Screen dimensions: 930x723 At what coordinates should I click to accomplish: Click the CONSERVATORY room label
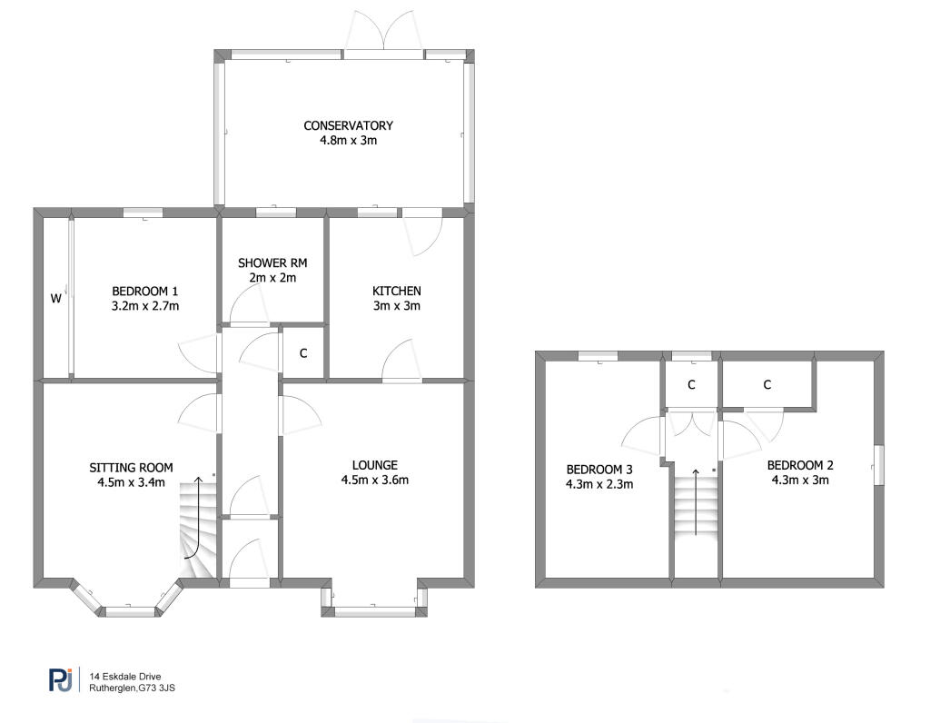click(x=348, y=125)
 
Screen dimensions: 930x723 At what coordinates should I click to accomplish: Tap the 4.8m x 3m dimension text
click(x=348, y=141)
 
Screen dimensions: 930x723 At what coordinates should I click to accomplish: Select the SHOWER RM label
click(x=272, y=262)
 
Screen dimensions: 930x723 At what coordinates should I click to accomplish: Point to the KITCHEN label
click(x=396, y=292)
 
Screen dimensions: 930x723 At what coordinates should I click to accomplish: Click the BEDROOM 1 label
click(x=144, y=292)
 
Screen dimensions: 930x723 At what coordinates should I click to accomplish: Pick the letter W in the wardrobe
click(x=55, y=298)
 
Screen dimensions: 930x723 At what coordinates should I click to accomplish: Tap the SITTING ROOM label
click(x=131, y=468)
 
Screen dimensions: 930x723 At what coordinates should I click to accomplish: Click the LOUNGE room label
click(x=375, y=466)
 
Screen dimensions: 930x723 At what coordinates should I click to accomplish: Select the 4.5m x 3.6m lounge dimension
click(x=375, y=480)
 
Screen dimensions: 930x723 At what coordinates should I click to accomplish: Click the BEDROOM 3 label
click(x=599, y=470)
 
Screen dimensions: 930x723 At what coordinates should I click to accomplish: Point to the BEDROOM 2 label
click(x=800, y=466)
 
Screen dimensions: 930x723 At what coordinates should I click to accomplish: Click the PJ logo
click(x=61, y=679)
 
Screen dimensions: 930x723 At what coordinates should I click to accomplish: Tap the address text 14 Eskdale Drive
click(x=125, y=676)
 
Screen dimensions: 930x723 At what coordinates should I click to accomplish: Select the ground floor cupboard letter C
click(x=303, y=353)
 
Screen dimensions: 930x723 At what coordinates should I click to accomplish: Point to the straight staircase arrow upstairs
click(x=696, y=501)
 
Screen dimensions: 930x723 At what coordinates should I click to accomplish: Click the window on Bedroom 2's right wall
click(x=879, y=466)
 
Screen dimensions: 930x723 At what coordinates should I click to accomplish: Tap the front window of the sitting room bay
click(x=131, y=611)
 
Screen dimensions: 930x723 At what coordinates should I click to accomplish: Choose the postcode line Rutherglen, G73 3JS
click(x=132, y=688)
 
